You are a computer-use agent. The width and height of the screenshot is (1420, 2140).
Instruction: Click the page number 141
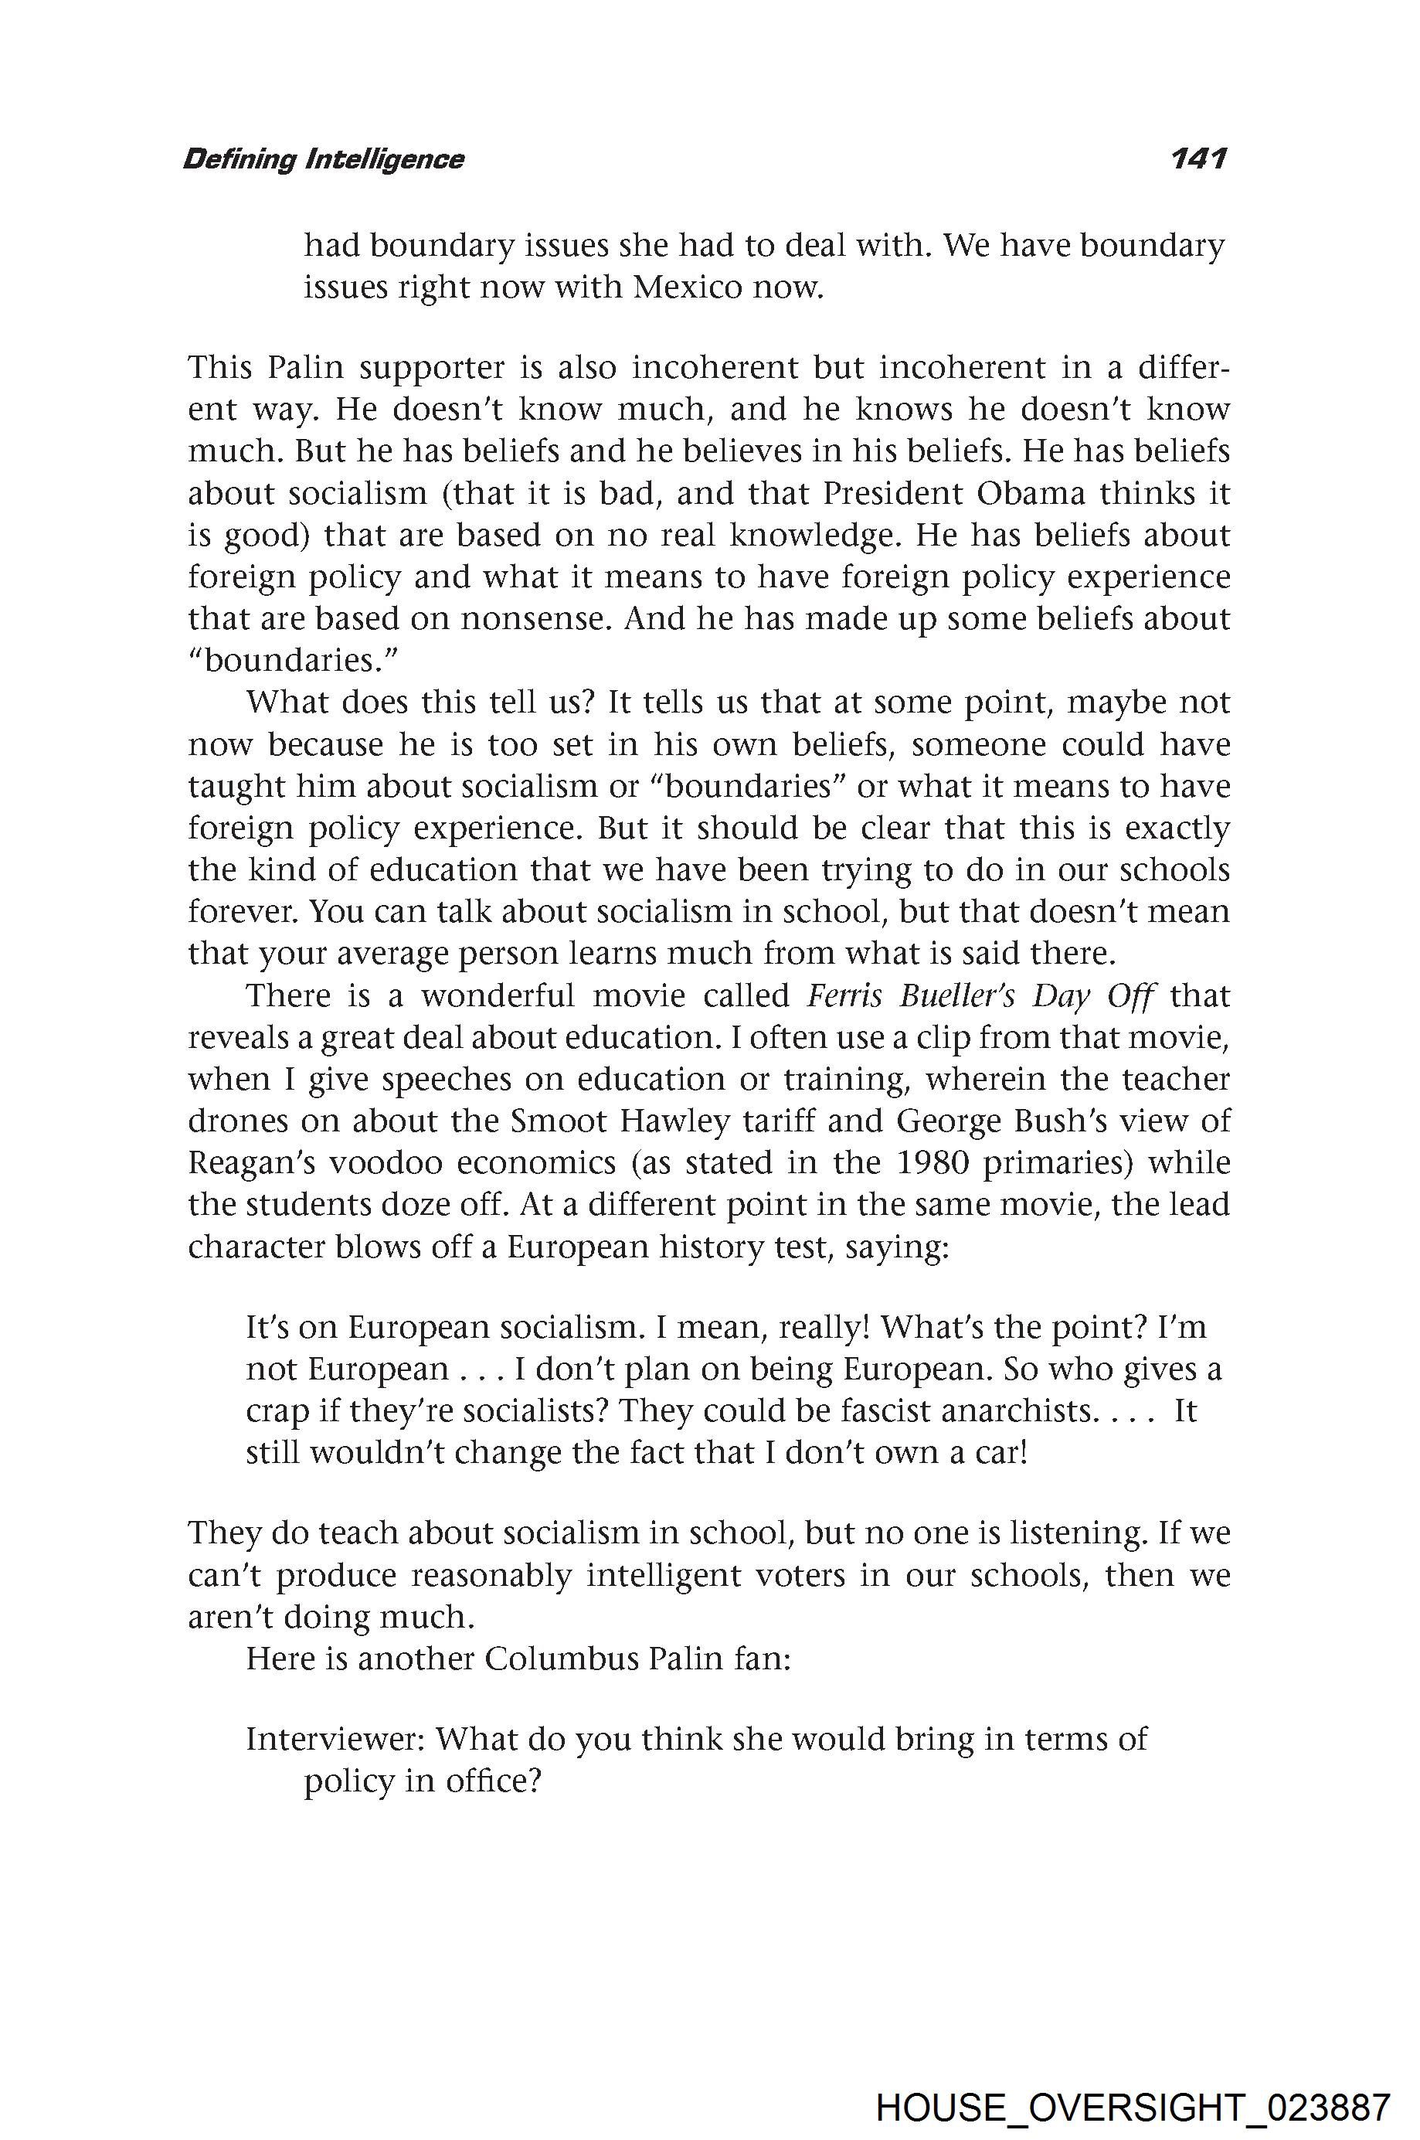(1197, 158)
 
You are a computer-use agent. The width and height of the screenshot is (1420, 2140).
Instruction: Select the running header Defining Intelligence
(323, 159)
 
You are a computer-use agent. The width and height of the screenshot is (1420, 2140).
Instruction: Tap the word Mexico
(685, 287)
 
